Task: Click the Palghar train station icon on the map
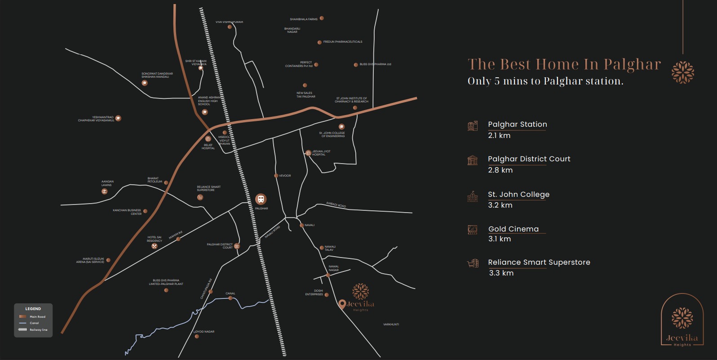(261, 199)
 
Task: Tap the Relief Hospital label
(208, 147)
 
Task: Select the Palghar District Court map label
(220, 246)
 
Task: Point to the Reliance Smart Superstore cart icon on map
(200, 197)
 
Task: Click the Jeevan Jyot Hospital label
(321, 153)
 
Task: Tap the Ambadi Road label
(336, 205)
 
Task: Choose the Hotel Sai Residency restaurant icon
(155, 246)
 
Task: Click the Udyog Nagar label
(205, 332)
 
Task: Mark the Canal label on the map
(230, 293)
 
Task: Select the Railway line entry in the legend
(38, 330)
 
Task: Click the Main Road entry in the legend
(37, 317)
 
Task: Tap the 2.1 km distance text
(499, 136)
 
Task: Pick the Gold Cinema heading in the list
(513, 229)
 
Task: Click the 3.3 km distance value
(501, 273)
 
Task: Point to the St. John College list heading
(519, 195)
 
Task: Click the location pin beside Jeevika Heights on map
(342, 304)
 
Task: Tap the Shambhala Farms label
(304, 19)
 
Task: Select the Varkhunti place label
(391, 324)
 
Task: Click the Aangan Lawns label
(107, 183)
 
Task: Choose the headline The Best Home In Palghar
(564, 64)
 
